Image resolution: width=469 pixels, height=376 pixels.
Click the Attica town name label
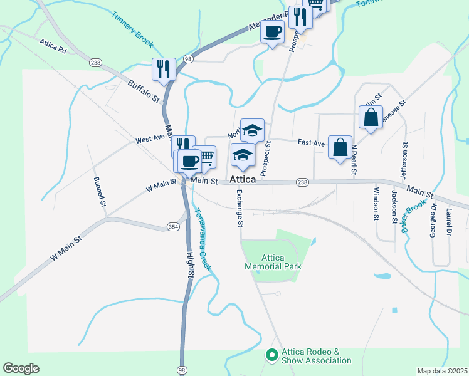(243, 180)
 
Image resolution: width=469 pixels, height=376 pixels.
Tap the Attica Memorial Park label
(273, 262)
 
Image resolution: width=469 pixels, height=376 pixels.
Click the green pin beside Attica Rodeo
(271, 355)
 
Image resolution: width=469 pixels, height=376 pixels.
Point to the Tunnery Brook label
(133, 29)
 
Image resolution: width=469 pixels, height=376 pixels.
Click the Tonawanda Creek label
(203, 242)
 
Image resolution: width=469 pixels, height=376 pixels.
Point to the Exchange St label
(240, 209)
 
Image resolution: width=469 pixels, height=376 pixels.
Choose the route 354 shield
(173, 226)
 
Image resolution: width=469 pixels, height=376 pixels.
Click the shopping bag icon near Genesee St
(371, 117)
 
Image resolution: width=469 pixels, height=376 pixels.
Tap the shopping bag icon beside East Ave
(340, 148)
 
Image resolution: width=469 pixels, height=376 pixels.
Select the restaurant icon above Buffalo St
(163, 69)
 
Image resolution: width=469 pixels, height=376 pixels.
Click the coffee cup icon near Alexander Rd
(272, 31)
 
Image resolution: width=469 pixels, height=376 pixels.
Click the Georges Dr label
(433, 222)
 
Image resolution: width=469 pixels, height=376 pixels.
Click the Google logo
(20, 368)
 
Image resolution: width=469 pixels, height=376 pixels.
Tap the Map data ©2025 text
(442, 371)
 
